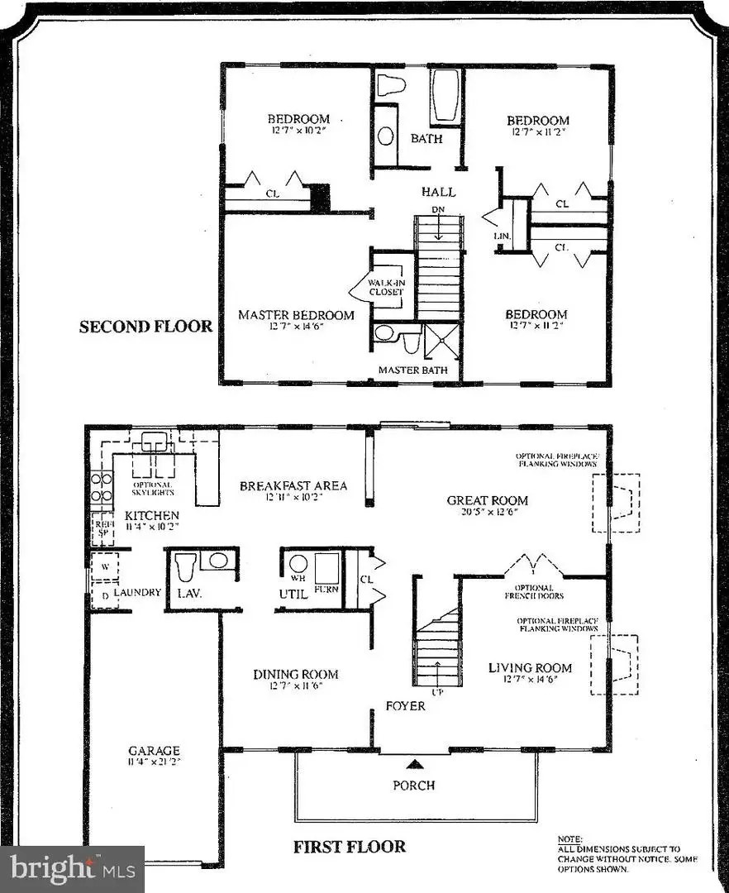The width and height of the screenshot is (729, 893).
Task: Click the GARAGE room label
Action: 154,751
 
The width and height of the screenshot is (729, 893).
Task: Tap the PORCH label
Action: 413,785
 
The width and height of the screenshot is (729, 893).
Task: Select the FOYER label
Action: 406,705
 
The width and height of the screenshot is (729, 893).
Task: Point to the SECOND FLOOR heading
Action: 145,327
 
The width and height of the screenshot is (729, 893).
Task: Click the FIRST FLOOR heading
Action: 350,846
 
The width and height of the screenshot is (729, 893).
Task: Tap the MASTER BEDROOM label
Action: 296,315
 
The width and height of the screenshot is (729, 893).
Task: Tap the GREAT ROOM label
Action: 487,500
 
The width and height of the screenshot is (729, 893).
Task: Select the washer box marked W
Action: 104,567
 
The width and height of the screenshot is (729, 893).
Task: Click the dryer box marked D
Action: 104,595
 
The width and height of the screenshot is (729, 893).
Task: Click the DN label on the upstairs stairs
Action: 439,211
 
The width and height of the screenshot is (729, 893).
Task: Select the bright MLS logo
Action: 73,868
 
